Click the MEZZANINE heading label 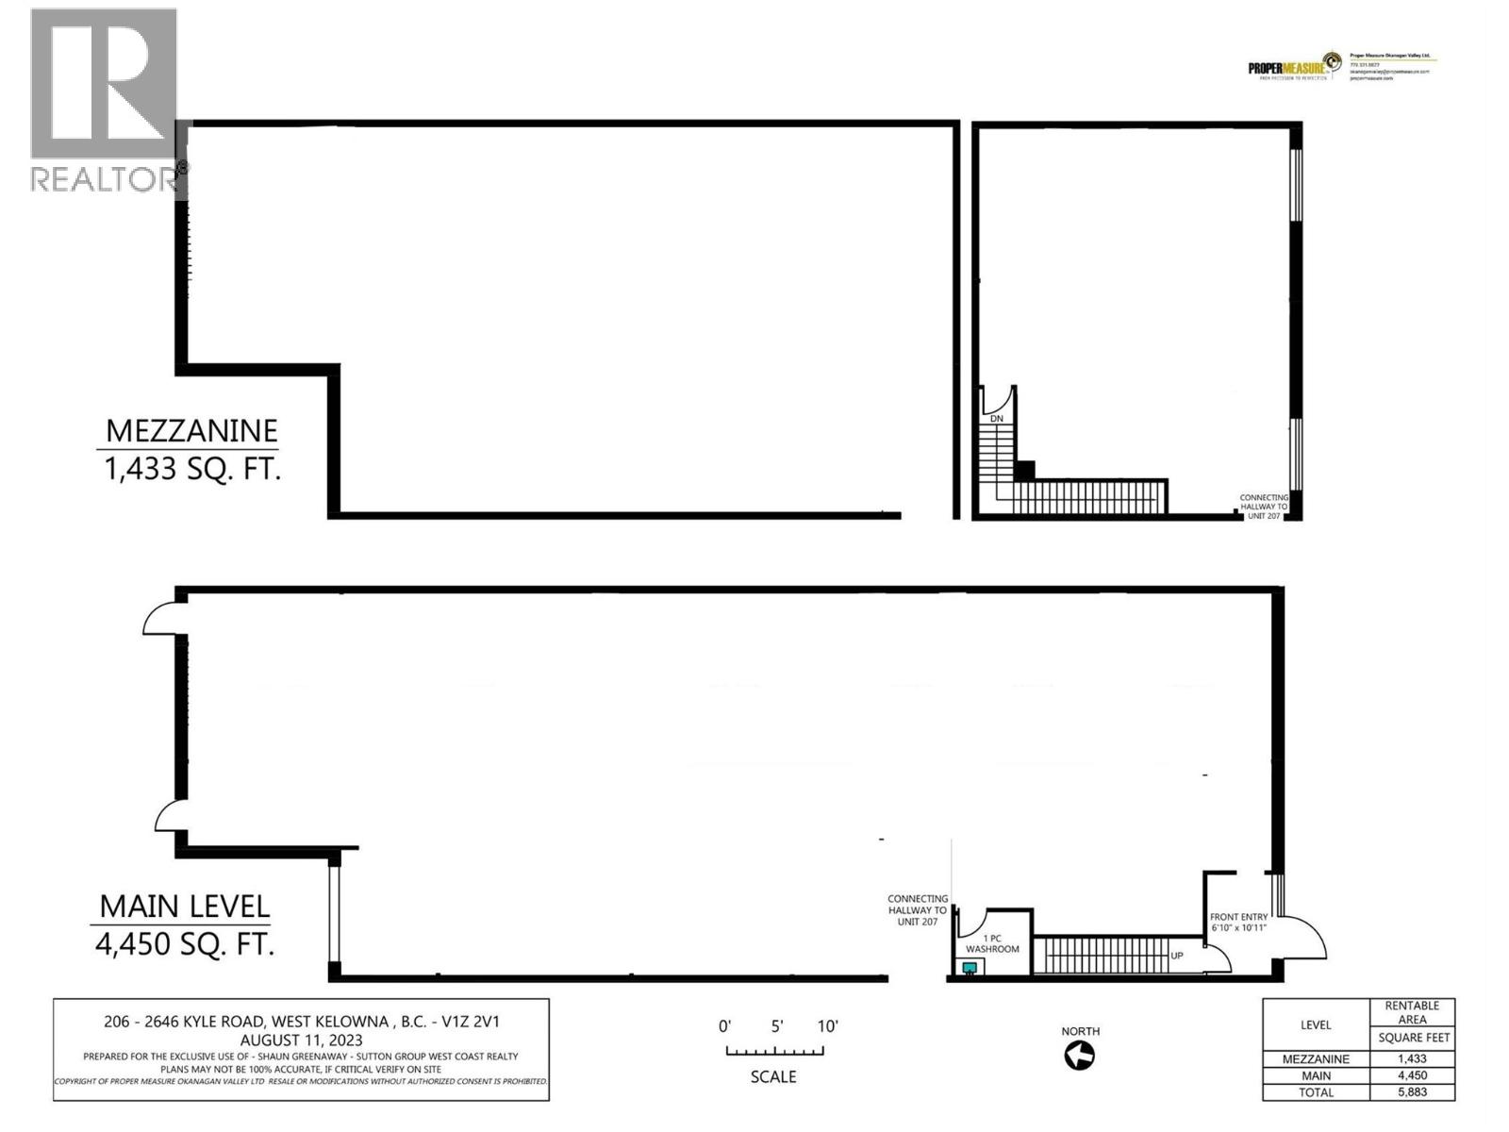[191, 431]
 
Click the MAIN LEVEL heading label [185, 907]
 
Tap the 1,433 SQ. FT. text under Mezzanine [192, 469]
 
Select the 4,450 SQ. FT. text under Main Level [185, 944]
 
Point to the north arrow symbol [1080, 1056]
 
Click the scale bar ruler [773, 1051]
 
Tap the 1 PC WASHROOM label [992, 943]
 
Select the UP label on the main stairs [1177, 956]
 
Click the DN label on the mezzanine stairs [996, 418]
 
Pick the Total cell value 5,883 [1412, 1092]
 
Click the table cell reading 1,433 [1412, 1058]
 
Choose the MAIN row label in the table [1316, 1075]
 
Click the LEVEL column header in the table [1316, 1024]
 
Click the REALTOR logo [105, 99]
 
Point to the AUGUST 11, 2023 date [301, 1040]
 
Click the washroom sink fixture [969, 968]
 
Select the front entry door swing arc [1306, 934]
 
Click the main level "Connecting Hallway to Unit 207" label [917, 910]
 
